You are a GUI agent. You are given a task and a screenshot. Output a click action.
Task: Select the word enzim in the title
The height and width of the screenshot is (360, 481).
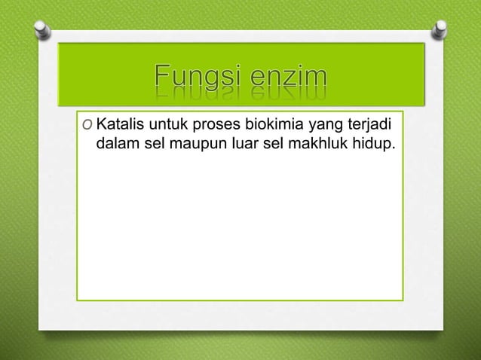293,78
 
